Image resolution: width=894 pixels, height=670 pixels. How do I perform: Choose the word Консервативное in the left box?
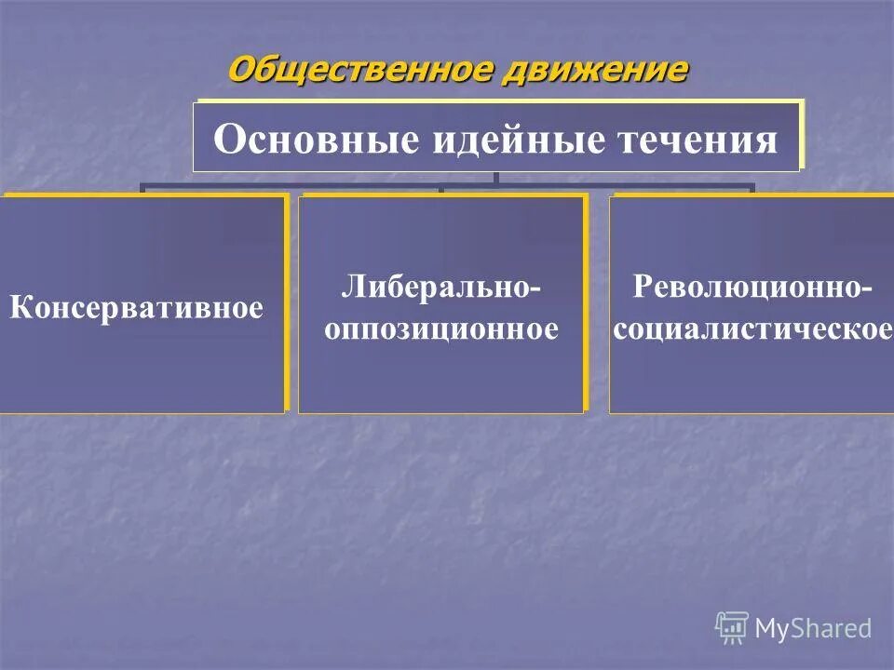tap(137, 307)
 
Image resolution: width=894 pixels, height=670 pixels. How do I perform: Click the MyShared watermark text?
tap(813, 628)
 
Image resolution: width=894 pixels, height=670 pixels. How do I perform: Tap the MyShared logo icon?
tap(732, 627)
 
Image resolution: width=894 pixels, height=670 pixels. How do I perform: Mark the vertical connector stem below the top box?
tap(496, 178)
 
